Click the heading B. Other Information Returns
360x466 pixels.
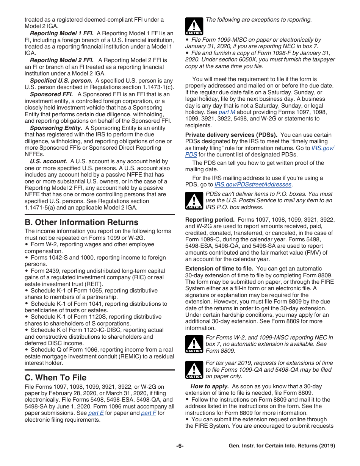pyautogui.click(x=81, y=222)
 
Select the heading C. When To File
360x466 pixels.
pyautogui.click(x=55, y=378)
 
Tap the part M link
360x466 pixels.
pyautogui.click(x=227, y=112)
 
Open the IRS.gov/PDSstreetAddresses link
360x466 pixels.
pyautogui.click(x=253, y=185)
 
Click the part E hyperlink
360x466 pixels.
pyautogui.click(x=96, y=413)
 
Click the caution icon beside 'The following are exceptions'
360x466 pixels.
pyautogui.click(x=194, y=27)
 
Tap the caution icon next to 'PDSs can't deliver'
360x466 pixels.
pyautogui.click(x=194, y=201)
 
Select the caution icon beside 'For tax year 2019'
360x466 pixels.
pyautogui.click(x=194, y=370)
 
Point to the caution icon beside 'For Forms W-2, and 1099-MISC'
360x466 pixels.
pyautogui.click(x=194, y=344)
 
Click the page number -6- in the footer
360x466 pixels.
pyautogui.click(x=180, y=446)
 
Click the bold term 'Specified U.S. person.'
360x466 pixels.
pyautogui.click(x=61, y=81)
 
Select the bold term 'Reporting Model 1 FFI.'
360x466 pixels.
pyautogui.click(x=62, y=33)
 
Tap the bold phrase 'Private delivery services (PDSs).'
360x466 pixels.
pyautogui.click(x=231, y=135)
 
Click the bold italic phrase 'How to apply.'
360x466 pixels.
pyautogui.click(x=210, y=386)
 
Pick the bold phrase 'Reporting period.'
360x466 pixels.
pyautogui.click(x=210, y=220)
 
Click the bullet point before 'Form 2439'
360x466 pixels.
pyautogui.click(x=27, y=271)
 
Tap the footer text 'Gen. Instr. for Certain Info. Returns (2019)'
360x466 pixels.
pyautogui.click(x=282, y=446)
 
